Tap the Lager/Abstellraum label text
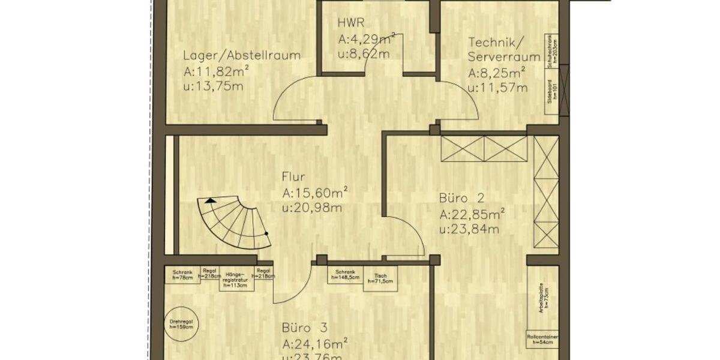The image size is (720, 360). pyautogui.click(x=242, y=56)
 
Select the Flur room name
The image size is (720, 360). pyautogui.click(x=294, y=177)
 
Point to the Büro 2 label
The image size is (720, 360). pyautogui.click(x=461, y=197)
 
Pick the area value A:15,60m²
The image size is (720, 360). pyautogui.click(x=315, y=193)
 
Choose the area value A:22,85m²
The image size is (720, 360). pyautogui.click(x=472, y=214)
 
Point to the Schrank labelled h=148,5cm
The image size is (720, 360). pyautogui.click(x=346, y=275)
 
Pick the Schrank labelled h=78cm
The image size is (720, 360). pyautogui.click(x=182, y=274)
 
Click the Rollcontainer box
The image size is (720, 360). pyautogui.click(x=543, y=340)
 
